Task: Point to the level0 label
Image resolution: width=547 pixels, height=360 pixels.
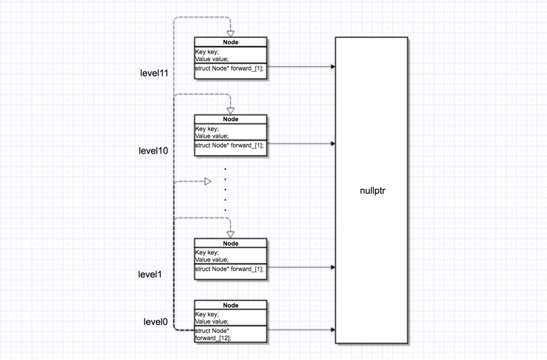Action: click(155, 322)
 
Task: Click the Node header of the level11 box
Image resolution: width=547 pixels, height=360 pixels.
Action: click(231, 42)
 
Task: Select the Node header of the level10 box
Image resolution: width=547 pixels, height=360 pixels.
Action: click(231, 119)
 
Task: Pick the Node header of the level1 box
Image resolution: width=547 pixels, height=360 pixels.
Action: click(231, 243)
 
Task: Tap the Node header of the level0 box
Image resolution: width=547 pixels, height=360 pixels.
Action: click(231, 305)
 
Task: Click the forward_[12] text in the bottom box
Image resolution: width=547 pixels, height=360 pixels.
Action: click(213, 338)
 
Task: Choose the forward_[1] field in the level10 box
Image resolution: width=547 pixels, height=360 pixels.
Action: click(230, 145)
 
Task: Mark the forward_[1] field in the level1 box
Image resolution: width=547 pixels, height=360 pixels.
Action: click(230, 269)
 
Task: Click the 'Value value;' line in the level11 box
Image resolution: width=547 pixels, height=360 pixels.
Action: click(212, 59)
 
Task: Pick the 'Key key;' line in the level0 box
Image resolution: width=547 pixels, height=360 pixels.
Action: click(207, 315)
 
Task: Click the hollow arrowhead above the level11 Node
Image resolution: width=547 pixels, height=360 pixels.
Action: click(231, 33)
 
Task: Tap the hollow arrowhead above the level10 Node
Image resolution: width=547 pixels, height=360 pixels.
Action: click(231, 110)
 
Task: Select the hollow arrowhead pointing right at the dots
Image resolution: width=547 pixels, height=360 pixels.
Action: click(208, 181)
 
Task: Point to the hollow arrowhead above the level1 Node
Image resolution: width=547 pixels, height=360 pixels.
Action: click(231, 234)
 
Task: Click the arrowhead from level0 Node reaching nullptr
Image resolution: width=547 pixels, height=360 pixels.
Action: click(333, 330)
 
